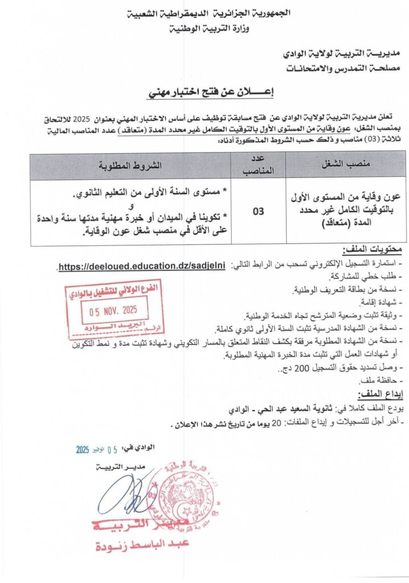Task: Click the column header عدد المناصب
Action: point(258,165)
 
